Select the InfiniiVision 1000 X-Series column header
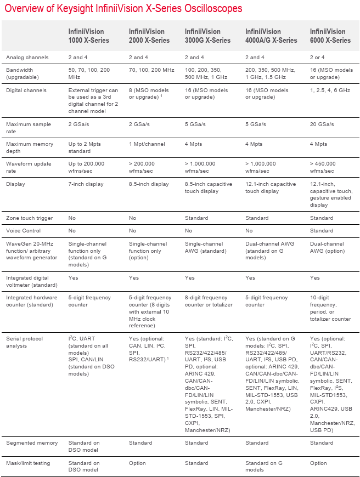tap(88, 36)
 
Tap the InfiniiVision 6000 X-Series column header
tap(330, 36)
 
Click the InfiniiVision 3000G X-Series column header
tap(207, 36)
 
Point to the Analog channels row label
tap(27, 58)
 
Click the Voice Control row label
tap(24, 231)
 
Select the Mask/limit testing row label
tap(28, 463)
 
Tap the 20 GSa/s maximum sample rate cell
tap(323, 124)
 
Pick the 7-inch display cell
tap(86, 184)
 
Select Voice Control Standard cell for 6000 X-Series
tap(322, 231)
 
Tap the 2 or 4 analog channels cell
tap(319, 58)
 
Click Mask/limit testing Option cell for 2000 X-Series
tap(137, 463)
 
